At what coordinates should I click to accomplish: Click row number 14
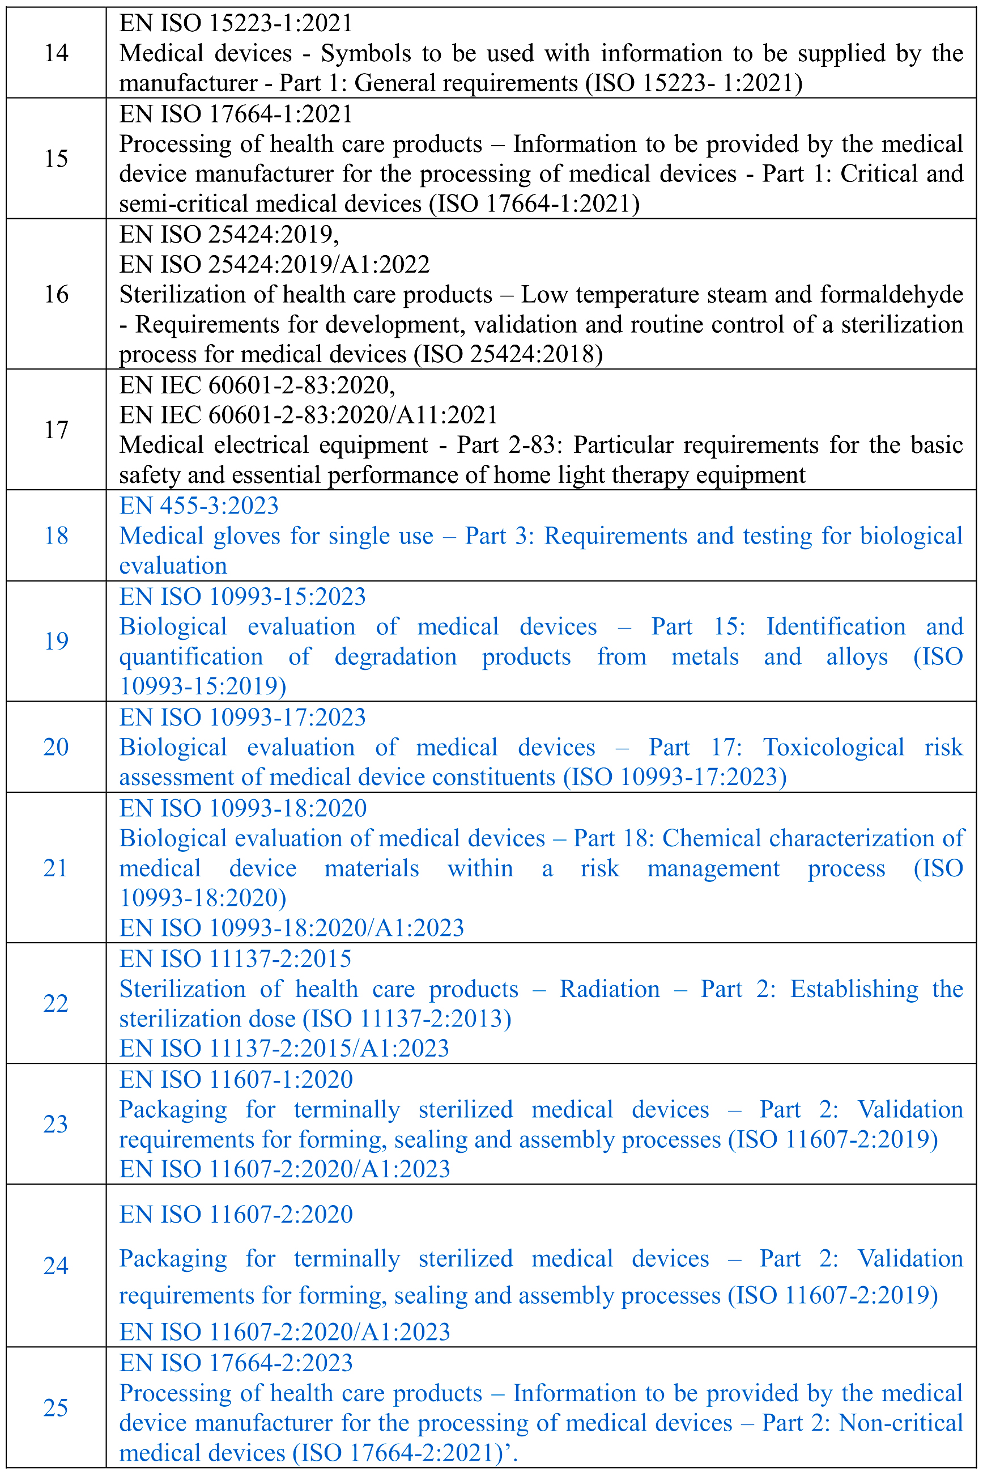pyautogui.click(x=56, y=53)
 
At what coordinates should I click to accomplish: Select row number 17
pyautogui.click(x=56, y=430)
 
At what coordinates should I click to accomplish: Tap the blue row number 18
pyautogui.click(x=56, y=536)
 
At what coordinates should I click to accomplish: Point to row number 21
pyautogui.click(x=56, y=868)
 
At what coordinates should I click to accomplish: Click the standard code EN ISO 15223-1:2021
pyautogui.click(x=236, y=23)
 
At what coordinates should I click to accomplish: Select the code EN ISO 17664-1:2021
pyautogui.click(x=236, y=114)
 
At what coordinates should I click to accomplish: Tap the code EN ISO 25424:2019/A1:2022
pyautogui.click(x=274, y=265)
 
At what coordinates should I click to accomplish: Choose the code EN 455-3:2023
pyautogui.click(x=199, y=506)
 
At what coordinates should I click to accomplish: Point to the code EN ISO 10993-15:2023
pyautogui.click(x=242, y=596)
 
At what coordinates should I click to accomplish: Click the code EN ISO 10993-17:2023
pyautogui.click(x=242, y=717)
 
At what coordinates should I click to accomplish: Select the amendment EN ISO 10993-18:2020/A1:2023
pyautogui.click(x=292, y=928)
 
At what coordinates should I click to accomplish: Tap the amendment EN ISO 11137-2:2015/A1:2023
pyautogui.click(x=284, y=1049)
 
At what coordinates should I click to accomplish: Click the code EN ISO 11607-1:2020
pyautogui.click(x=236, y=1079)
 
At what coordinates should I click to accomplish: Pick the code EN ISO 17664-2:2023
pyautogui.click(x=236, y=1363)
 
